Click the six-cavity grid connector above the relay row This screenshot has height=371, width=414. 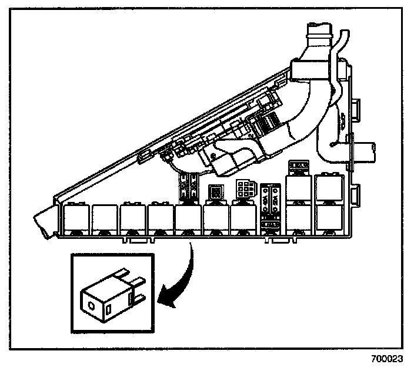click(x=244, y=189)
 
